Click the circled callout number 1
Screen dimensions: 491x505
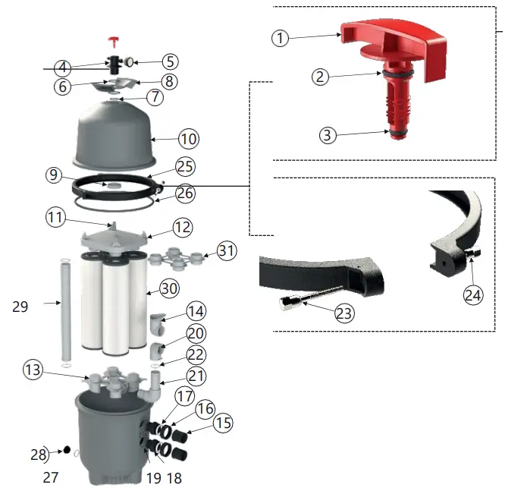click(x=281, y=37)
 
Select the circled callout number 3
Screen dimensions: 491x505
click(x=327, y=135)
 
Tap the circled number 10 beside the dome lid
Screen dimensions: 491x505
click(x=188, y=139)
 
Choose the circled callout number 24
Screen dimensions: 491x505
click(x=472, y=296)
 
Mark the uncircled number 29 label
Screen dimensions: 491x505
click(x=20, y=307)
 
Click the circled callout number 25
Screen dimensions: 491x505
click(x=185, y=166)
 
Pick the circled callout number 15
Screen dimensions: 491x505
click(x=223, y=423)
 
